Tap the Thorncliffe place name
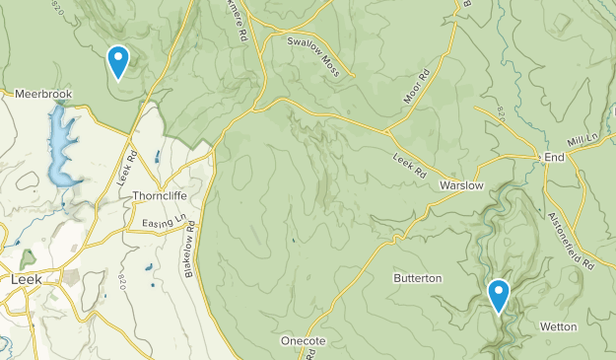pyautogui.click(x=160, y=196)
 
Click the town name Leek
pyautogui.click(x=26, y=279)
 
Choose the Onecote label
pyautogui.click(x=303, y=340)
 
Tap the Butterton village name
pyautogui.click(x=418, y=279)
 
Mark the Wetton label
pyautogui.click(x=559, y=326)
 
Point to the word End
pyautogui.click(x=554, y=158)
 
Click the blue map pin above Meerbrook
pyautogui.click(x=118, y=61)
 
